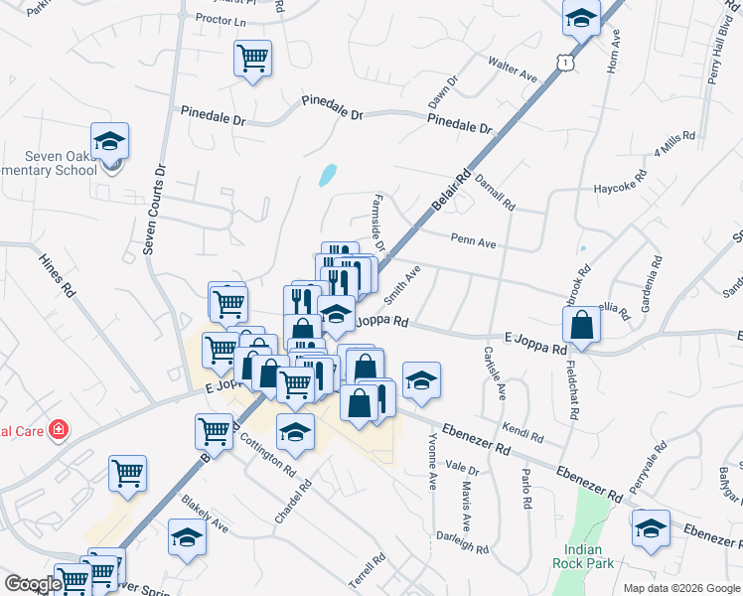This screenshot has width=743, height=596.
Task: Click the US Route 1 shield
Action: point(564,63)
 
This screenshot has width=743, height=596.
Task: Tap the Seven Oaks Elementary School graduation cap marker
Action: point(110,141)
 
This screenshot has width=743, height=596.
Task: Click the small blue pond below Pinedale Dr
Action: point(326,176)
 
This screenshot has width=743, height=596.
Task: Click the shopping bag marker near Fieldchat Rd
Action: point(582,324)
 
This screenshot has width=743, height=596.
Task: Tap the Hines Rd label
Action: point(57,276)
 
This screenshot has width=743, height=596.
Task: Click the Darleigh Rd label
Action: point(463,542)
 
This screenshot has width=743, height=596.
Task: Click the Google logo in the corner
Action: point(33,584)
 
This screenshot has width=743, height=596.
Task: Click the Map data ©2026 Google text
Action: point(680,588)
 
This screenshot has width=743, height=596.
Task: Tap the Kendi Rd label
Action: point(522,432)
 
